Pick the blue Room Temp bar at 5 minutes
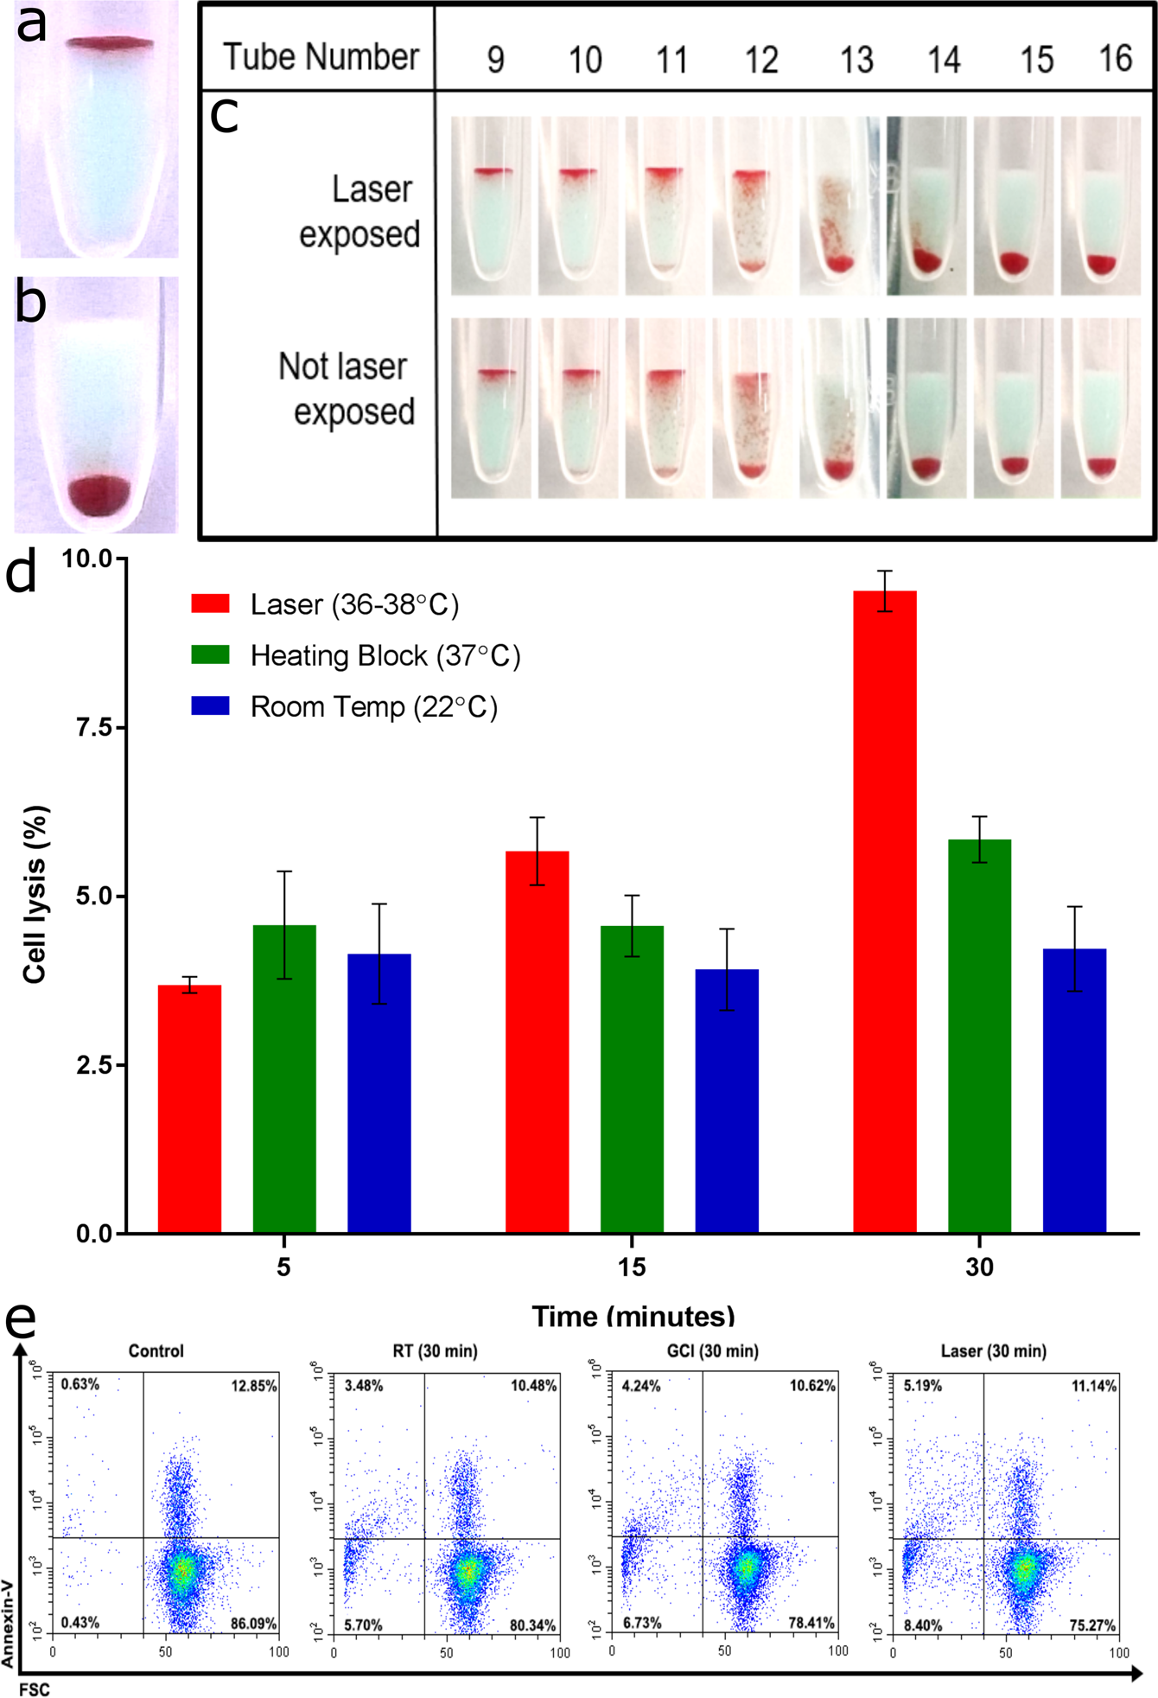coord(379,1093)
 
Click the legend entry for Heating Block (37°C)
coord(385,655)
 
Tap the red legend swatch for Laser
coord(210,603)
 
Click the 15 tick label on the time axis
coord(632,1267)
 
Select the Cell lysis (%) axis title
coord(35,894)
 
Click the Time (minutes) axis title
coord(633,1317)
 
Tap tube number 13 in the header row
coord(856,60)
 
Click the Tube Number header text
coord(321,57)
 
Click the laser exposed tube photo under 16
coord(1100,206)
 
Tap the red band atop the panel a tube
coord(110,43)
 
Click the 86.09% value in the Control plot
coord(253,1623)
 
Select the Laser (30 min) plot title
coord(993,1350)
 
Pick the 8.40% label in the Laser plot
coord(924,1625)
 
